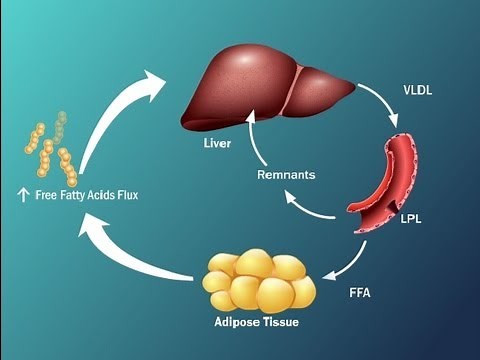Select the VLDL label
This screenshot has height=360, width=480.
(418, 89)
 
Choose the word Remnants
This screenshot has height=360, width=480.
(286, 174)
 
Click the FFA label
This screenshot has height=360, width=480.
(363, 295)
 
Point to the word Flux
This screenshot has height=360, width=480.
(124, 195)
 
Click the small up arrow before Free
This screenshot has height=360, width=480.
(22, 195)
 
